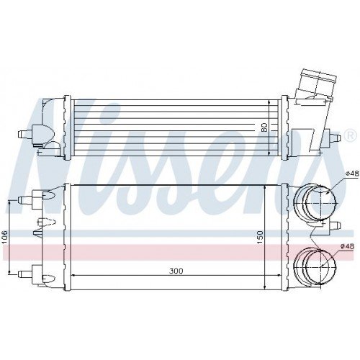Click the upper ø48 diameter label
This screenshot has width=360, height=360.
click(351, 173)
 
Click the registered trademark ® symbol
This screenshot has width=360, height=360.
click(350, 135)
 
